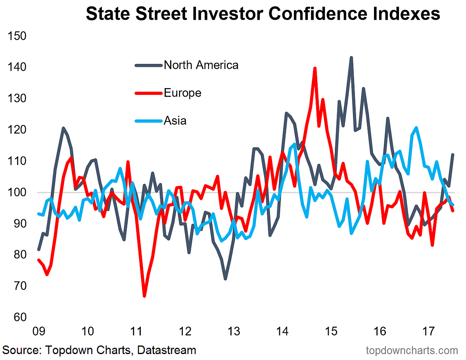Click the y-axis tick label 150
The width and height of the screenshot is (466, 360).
17,36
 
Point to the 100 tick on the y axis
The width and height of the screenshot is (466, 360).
17,192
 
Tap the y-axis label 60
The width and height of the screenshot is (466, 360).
20,317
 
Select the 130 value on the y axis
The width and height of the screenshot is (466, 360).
17,98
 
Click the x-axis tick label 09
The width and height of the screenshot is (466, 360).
38,331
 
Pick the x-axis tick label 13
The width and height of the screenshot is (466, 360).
234,331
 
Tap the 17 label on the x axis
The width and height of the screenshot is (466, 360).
428,331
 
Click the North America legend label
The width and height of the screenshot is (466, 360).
201,65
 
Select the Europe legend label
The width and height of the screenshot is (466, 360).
182,93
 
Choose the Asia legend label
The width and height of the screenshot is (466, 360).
175,121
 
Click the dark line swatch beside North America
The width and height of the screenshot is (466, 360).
149,65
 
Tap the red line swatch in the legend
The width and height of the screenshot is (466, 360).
149,93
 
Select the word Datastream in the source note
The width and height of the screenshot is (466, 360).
167,350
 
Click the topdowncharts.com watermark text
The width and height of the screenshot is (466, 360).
412,350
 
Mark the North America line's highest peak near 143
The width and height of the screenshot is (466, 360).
351,58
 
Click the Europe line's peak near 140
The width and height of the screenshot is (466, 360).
315,68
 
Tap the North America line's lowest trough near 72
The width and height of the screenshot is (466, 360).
225,279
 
